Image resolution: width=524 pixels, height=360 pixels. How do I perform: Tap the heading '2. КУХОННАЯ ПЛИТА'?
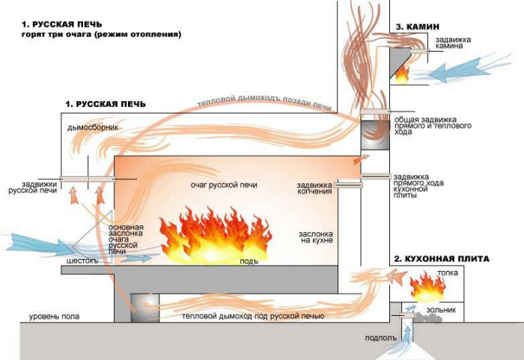(x=442, y=258)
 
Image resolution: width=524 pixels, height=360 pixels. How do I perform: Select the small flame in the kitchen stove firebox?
(x=427, y=285)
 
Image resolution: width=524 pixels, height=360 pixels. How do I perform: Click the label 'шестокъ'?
(x=82, y=262)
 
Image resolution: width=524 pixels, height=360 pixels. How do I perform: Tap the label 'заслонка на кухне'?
(x=314, y=237)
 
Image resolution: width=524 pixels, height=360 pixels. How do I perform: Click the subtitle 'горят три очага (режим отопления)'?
(x=101, y=34)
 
